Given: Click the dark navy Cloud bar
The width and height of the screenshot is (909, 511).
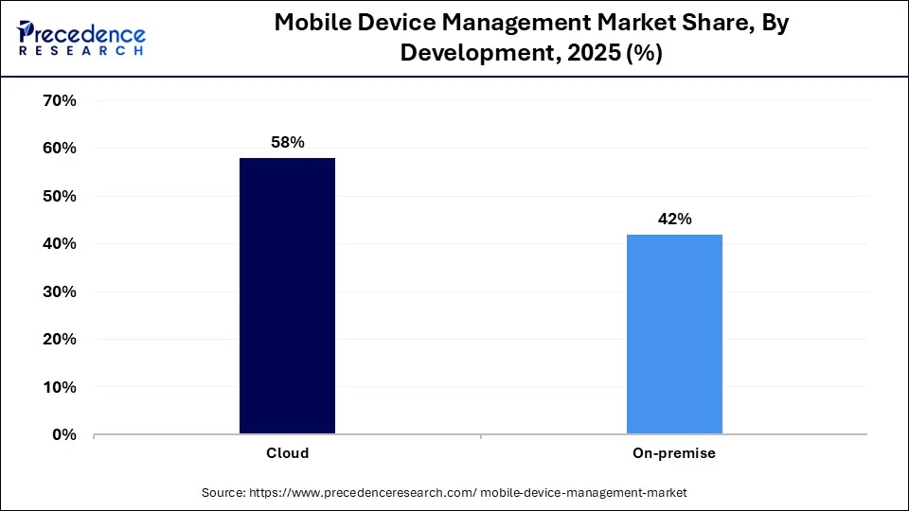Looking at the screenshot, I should [287, 296].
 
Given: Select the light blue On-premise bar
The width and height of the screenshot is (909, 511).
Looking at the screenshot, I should [674, 334].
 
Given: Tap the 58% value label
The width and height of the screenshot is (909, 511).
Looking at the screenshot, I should [287, 142].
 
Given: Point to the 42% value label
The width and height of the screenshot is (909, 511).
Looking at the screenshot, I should [674, 219].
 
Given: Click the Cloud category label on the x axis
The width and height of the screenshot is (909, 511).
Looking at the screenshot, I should [287, 453].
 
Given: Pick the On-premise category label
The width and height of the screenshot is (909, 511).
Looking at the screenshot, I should [674, 453].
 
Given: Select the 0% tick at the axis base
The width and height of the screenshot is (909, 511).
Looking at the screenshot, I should [63, 435].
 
